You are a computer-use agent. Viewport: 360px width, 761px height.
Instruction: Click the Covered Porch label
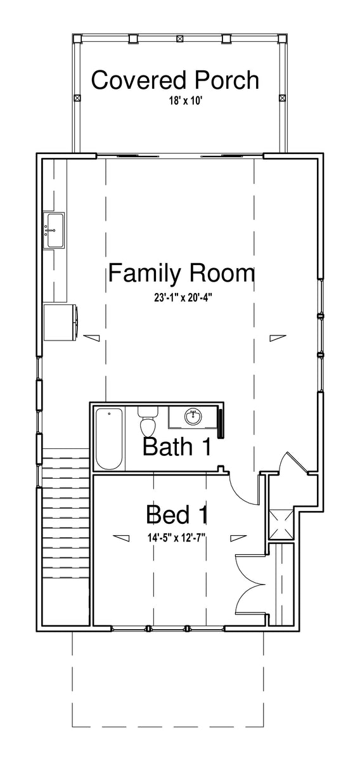[175, 81]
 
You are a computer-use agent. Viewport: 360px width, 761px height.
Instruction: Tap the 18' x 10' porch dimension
[186, 101]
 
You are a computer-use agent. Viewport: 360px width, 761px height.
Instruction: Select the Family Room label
[181, 274]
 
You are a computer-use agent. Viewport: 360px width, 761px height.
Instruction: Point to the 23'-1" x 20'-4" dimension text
[183, 298]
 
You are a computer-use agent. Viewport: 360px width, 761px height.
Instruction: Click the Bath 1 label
[177, 446]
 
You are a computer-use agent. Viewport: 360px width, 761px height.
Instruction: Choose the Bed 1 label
[177, 515]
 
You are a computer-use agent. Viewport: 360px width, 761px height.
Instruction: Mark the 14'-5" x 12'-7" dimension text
[177, 538]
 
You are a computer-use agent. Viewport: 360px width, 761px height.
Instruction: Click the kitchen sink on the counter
[55, 230]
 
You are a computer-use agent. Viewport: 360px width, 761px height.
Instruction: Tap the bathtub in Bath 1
[109, 439]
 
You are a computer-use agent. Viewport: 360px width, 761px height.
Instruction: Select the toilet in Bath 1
[148, 422]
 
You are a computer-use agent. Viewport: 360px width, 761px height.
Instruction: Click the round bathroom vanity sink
[193, 416]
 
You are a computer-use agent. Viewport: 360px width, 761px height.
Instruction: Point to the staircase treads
[65, 513]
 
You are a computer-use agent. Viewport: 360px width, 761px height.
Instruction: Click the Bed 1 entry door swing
[243, 488]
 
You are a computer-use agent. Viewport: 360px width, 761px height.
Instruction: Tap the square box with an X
[281, 524]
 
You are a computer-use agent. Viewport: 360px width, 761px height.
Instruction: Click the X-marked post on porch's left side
[77, 98]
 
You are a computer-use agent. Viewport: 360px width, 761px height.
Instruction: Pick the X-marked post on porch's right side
[282, 98]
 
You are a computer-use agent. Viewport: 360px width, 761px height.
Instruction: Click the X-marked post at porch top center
[179, 39]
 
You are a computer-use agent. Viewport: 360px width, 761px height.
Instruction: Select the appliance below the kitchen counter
[61, 322]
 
